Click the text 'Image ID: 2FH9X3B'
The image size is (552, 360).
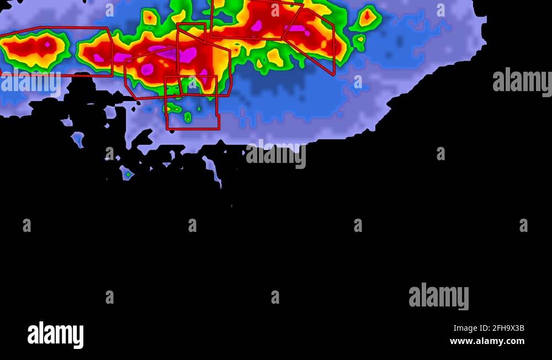coord(489,329)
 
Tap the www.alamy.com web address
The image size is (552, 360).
coord(487,341)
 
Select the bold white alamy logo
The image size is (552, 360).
coord(55,335)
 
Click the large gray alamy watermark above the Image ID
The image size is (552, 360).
coord(438,296)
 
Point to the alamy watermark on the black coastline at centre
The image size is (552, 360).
coord(275,154)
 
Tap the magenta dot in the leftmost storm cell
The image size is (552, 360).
coord(47,44)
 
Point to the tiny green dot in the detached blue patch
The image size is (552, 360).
coord(128,174)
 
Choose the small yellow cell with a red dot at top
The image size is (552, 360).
coord(150,17)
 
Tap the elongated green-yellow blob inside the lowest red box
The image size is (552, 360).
coord(188,117)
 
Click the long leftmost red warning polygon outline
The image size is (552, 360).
coord(55,51)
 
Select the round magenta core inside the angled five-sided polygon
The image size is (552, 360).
coord(147,69)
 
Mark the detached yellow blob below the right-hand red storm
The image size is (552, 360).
coord(274,57)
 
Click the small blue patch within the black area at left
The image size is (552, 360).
coord(78,139)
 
